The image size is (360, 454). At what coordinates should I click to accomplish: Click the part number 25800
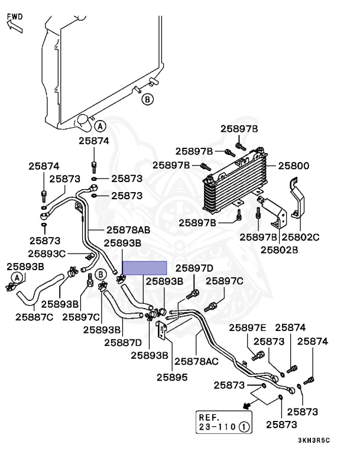(x=294, y=166)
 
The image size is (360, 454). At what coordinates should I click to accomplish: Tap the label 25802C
(x=300, y=237)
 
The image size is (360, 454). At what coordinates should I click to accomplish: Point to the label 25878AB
(x=128, y=230)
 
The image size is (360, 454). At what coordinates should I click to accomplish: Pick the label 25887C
(x=33, y=317)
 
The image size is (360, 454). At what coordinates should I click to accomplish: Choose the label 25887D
(x=122, y=342)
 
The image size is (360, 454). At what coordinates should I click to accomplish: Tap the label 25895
(x=172, y=376)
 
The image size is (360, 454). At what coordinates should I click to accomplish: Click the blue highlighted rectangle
(x=144, y=268)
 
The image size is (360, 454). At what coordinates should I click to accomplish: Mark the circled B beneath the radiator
(x=148, y=99)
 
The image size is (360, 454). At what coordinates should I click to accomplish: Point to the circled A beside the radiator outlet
(x=100, y=126)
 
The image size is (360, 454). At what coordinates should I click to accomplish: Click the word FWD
(x=15, y=16)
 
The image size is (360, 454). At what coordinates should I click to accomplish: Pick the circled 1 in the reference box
(x=244, y=426)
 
